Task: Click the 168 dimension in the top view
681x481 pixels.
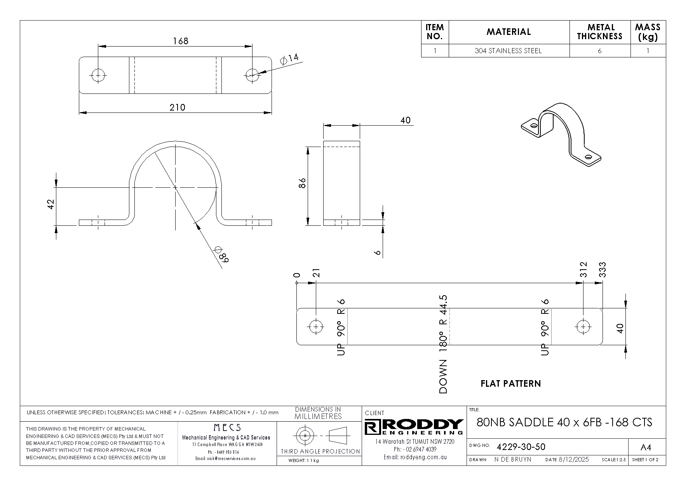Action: [181, 41]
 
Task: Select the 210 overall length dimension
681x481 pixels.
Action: [177, 107]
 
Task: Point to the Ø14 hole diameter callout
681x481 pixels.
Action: [289, 59]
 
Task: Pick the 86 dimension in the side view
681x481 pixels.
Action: [303, 183]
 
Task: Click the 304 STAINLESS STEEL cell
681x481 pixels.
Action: [508, 51]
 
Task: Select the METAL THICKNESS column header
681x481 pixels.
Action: [600, 32]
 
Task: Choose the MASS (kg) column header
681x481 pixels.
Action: [648, 32]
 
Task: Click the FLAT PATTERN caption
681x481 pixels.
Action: [510, 384]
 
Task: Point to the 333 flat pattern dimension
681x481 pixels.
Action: [603, 270]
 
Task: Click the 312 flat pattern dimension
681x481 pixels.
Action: [583, 270]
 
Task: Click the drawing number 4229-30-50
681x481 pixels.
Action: [521, 447]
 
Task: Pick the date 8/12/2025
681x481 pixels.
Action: [573, 460]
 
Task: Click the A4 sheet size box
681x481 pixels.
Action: [646, 447]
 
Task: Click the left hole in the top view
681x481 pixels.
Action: [99, 75]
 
